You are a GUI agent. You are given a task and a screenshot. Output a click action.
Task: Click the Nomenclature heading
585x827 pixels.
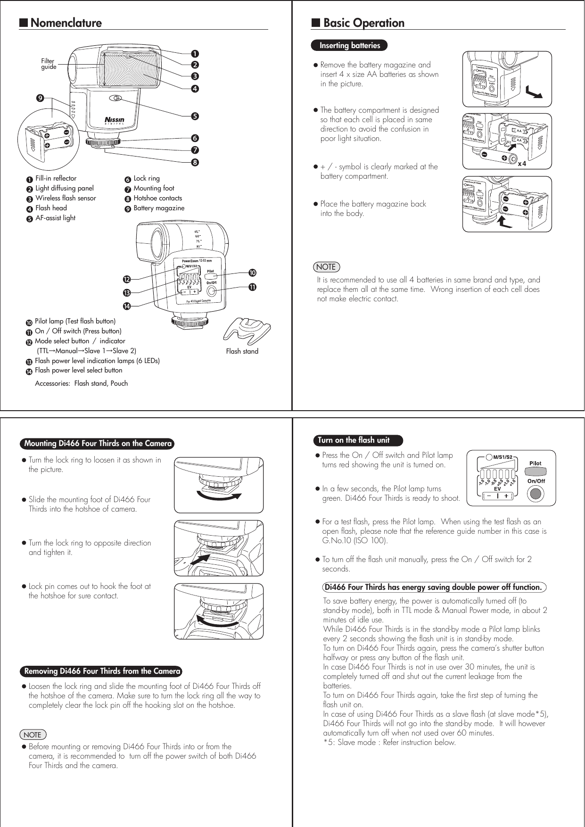coord(66,23)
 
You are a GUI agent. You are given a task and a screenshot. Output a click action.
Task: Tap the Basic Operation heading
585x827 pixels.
coord(363,23)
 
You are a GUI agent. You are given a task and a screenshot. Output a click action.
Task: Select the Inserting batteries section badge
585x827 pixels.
coord(349,46)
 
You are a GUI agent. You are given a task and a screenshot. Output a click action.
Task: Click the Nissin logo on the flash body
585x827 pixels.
coord(115,120)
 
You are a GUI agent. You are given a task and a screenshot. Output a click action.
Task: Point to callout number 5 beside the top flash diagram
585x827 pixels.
coord(195,116)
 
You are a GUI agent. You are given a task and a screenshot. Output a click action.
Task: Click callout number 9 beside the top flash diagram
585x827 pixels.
coord(41,98)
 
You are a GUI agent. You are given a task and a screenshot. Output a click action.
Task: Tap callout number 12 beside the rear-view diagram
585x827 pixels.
coord(126,280)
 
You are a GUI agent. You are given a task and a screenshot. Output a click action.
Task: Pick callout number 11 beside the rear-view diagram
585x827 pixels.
coord(252,287)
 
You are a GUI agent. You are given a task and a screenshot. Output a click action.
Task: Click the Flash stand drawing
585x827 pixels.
coord(247,330)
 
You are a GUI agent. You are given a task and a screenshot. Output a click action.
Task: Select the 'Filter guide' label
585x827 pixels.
coord(48,64)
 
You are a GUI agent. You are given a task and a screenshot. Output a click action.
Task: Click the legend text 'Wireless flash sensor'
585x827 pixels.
coord(66,198)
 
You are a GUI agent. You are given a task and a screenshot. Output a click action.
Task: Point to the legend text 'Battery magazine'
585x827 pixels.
coord(159,208)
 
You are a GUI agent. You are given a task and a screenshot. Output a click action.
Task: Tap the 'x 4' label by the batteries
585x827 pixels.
coord(522,164)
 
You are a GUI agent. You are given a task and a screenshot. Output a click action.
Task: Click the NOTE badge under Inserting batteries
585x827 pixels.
coord(326,267)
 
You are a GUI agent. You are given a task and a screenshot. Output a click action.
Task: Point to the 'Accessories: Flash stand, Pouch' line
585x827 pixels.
coord(81,383)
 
